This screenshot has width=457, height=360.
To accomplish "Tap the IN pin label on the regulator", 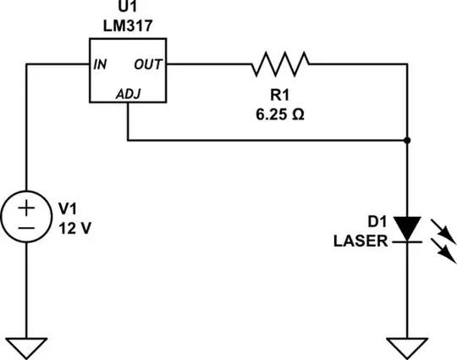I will pos(100,64).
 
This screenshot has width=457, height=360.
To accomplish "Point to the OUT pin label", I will pos(149,64).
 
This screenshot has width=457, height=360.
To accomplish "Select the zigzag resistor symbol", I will pos(280,63).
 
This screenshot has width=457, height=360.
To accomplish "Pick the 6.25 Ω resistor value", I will pos(280,114).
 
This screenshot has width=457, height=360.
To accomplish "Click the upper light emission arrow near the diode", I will pos(441,228).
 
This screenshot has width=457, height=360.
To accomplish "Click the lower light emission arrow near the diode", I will pos(441,250).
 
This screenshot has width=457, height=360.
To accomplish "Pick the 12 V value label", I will pos(74,228).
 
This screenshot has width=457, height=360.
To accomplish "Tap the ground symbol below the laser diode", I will pos(408,347).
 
